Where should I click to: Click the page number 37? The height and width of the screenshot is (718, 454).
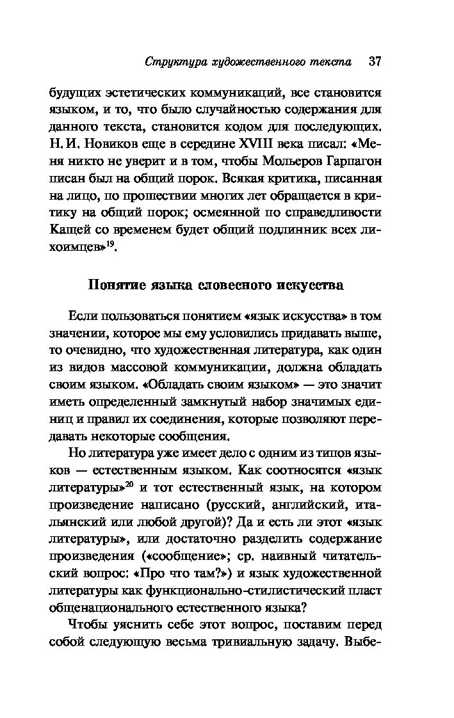tap(375, 62)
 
